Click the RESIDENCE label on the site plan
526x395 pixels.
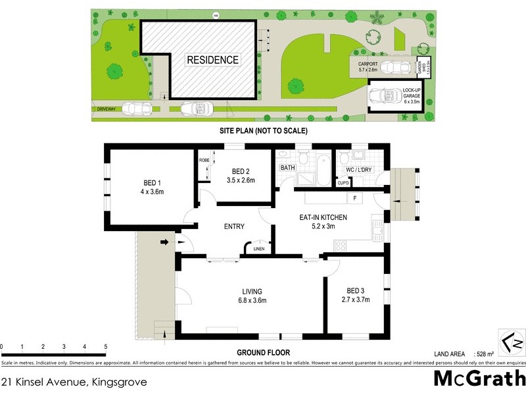click(x=213, y=60)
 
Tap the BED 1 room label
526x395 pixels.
click(x=153, y=188)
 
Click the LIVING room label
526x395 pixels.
click(x=252, y=296)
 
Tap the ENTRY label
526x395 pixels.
click(x=234, y=226)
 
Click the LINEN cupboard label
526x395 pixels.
click(x=260, y=250)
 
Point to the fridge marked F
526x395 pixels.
click(x=354, y=197)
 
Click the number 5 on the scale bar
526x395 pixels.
click(x=106, y=346)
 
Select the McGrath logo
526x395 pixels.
click(x=478, y=379)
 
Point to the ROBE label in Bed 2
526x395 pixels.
click(x=204, y=160)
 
